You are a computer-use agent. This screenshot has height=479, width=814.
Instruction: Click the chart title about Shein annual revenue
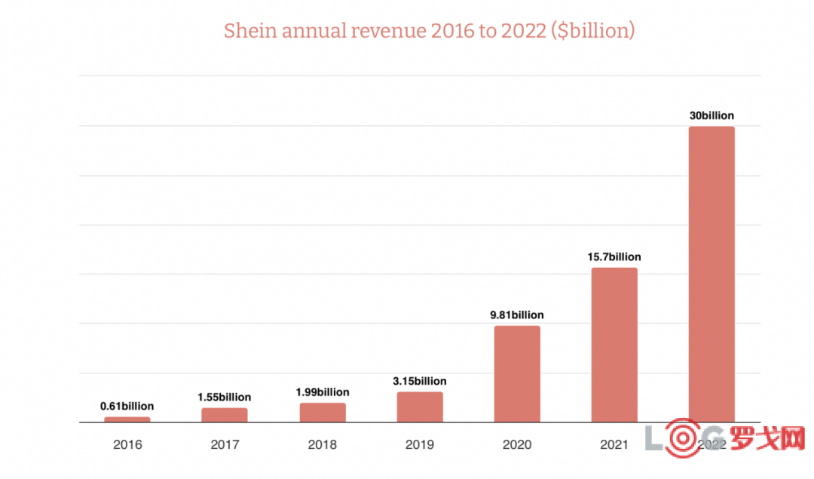point(429,31)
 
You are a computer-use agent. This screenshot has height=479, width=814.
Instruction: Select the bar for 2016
point(127,419)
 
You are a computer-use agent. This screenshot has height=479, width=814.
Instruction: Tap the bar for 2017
point(225,415)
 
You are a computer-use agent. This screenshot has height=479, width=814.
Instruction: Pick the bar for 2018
point(323,413)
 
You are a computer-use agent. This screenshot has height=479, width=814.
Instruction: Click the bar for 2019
point(420,407)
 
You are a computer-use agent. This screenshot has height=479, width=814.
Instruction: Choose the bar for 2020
point(517,374)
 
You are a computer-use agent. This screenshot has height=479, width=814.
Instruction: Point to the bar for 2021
point(614,345)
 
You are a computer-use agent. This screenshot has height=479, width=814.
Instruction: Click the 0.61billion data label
point(127,407)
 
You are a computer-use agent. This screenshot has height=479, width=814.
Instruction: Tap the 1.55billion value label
point(225,397)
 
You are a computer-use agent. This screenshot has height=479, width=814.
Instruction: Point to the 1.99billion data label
point(323,392)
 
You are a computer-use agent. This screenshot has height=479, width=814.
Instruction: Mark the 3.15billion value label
point(420,381)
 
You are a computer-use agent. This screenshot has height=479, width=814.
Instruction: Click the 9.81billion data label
point(517,315)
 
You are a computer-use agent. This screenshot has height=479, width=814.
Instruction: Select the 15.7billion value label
point(614,257)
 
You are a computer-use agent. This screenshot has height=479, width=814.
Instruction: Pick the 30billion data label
point(711,116)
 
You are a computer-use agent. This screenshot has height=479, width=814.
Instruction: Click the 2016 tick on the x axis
point(127,445)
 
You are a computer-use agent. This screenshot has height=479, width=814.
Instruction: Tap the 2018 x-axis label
point(323,445)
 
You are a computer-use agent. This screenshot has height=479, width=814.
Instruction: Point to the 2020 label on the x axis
point(517,445)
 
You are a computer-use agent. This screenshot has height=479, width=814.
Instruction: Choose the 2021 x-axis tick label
point(614,445)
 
